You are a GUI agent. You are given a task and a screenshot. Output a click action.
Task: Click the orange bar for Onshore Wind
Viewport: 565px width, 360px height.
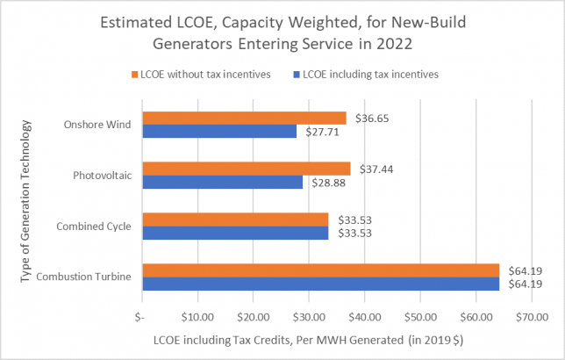[244, 118]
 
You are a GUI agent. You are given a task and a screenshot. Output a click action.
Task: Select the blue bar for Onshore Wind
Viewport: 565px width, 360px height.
[219, 131]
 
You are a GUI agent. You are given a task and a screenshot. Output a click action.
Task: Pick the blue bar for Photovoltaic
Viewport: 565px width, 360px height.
[223, 182]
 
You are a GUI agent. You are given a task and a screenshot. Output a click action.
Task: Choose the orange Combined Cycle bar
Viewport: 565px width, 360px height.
[235, 220]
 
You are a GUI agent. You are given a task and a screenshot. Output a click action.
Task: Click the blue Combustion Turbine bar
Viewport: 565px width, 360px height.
[321, 284]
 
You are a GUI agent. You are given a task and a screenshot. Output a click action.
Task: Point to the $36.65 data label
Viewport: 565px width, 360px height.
[368, 117]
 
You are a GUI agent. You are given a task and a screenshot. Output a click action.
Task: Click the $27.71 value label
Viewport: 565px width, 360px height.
[318, 131]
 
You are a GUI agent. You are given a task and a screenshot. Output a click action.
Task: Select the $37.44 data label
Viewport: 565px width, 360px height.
[372, 168]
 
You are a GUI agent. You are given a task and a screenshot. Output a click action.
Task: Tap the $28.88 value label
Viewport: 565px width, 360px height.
[325, 182]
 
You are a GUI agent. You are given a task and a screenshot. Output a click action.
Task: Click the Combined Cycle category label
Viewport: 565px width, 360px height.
[95, 227]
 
